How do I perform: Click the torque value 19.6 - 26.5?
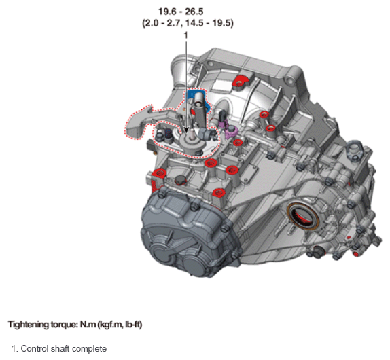point(181,12)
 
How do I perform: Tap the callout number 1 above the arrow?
point(185,35)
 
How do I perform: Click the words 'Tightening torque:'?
point(43,325)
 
